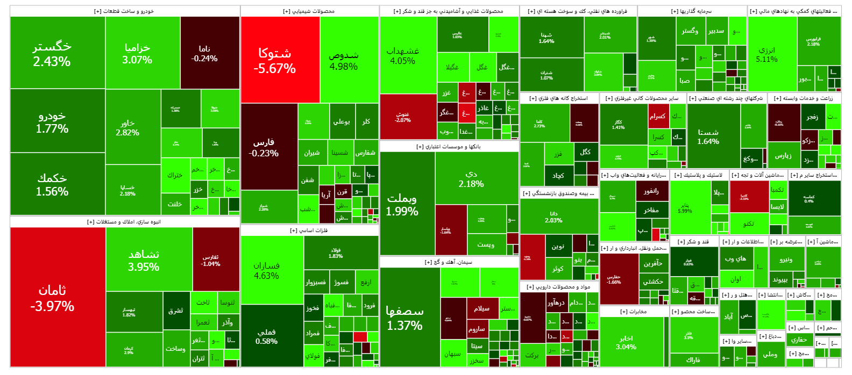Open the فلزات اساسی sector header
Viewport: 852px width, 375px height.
[309, 230]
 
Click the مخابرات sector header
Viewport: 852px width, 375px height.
[634, 312]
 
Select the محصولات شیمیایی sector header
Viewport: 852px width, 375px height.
[309, 11]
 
